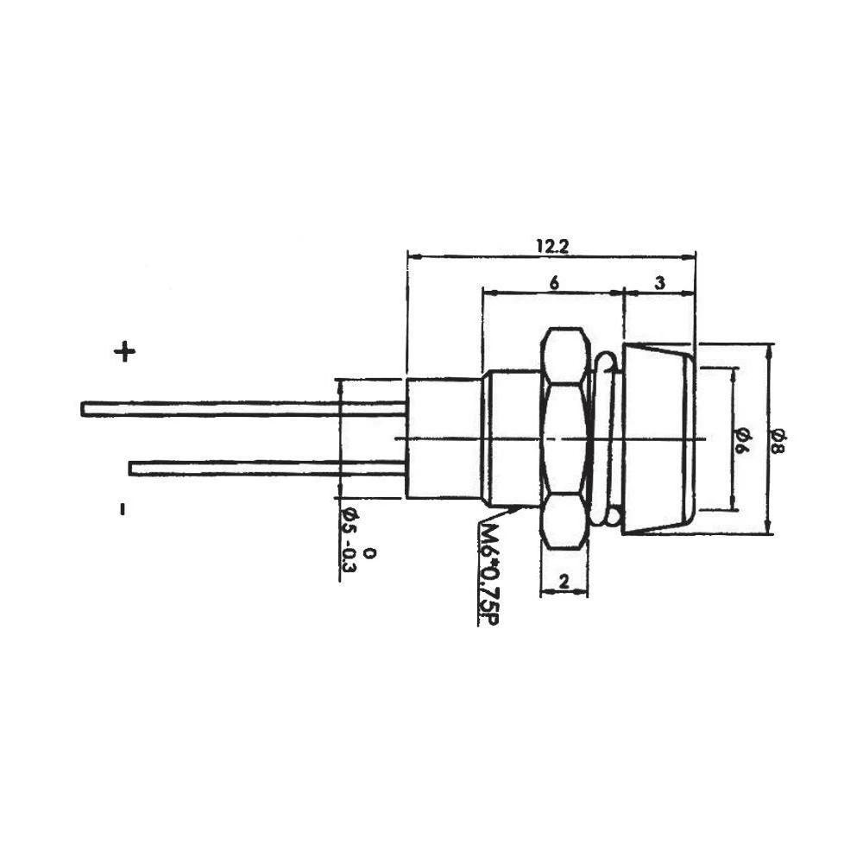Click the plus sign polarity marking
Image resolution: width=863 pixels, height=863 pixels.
125,351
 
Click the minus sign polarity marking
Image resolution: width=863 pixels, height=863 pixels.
123,509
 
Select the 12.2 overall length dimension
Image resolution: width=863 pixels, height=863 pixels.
551,246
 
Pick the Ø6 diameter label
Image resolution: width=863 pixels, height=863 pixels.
742,439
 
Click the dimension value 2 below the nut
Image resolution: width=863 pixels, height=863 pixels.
563,583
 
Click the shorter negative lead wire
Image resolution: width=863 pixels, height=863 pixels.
268,468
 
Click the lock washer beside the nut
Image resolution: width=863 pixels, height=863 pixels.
606,438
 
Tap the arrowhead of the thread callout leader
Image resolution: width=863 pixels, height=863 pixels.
517,509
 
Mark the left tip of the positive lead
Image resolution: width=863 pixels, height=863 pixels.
84,409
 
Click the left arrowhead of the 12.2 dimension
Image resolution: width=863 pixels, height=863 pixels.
412,256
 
